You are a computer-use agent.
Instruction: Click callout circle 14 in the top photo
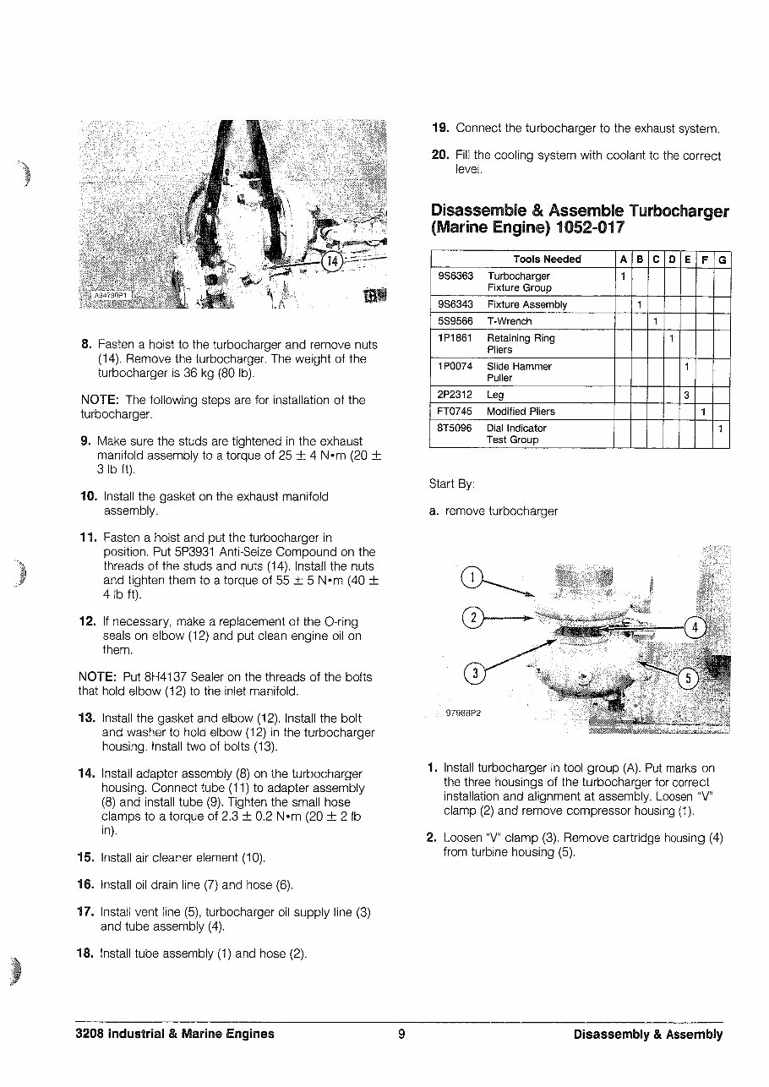coord(332,261)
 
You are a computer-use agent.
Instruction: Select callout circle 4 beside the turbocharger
coord(695,627)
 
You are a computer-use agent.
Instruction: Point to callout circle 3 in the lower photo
coord(475,673)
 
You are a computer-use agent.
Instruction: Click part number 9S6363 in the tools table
coord(455,276)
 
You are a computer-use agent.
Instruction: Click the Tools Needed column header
coord(547,259)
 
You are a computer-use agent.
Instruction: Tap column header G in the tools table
coord(722,259)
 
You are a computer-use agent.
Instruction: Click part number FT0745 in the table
coord(455,412)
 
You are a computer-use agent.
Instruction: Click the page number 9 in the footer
coord(401,1034)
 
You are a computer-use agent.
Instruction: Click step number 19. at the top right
coord(440,128)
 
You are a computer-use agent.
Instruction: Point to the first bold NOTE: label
coord(99,400)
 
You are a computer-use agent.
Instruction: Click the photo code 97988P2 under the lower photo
coord(464,713)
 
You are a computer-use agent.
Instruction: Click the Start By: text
coord(452,484)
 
